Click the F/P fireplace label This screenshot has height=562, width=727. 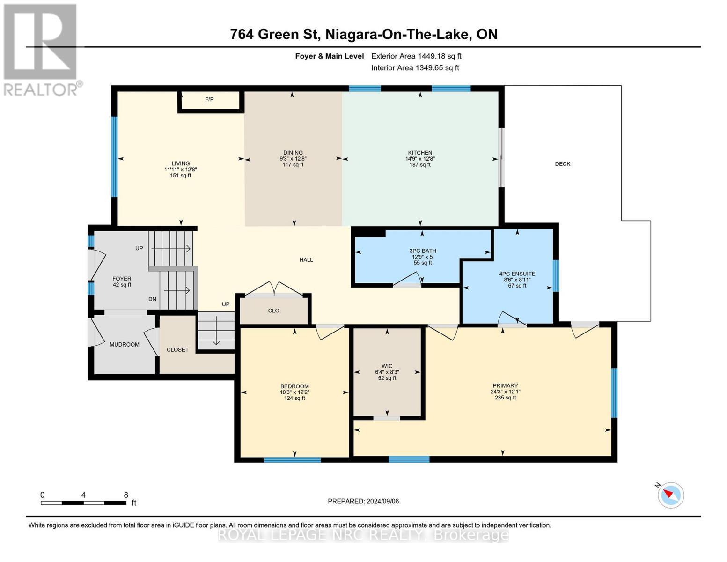click(209, 99)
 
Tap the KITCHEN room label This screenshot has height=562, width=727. click(420, 153)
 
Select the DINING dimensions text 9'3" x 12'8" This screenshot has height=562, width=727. click(293, 159)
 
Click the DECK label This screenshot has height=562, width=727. click(563, 164)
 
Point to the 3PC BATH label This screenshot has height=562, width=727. click(423, 251)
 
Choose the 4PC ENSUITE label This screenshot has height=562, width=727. click(517, 274)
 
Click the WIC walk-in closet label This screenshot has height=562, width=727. click(387, 366)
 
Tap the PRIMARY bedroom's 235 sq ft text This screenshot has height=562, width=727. click(505, 398)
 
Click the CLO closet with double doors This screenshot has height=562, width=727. click(274, 311)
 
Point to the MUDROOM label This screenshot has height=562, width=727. click(125, 345)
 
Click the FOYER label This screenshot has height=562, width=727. click(122, 279)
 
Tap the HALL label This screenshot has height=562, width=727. click(306, 260)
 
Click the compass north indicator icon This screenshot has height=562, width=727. click(671, 495)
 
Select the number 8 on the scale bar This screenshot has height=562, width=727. click(126, 495)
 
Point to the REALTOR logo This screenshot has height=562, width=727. click(41, 49)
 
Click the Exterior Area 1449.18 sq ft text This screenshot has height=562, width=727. click(416, 56)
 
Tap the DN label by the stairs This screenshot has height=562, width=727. click(152, 299)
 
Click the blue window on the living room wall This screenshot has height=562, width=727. click(114, 156)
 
